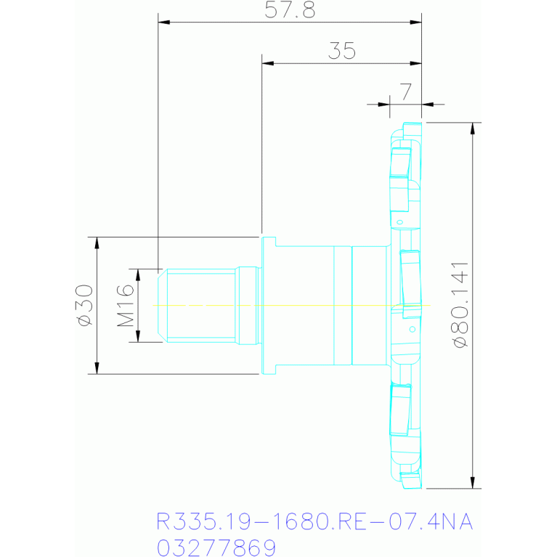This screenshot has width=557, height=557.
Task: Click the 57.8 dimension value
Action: pyautogui.click(x=290, y=10)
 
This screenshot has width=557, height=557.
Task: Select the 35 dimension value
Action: pyautogui.click(x=342, y=51)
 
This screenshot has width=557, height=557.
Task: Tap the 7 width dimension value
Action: pyautogui.click(x=406, y=92)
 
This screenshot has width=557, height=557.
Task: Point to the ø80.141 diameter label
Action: pyautogui.click(x=460, y=305)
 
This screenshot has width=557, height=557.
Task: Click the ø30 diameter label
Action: pyautogui.click(x=85, y=305)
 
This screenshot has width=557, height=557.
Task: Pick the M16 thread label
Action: pyautogui.click(x=126, y=306)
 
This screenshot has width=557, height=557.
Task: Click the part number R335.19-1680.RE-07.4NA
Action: pyautogui.click(x=314, y=521)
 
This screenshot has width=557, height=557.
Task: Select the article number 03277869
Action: pyautogui.click(x=216, y=548)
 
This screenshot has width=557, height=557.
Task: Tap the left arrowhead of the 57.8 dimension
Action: pyautogui.click(x=164, y=22)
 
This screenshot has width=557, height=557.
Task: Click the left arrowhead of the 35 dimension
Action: pyautogui.click(x=268, y=63)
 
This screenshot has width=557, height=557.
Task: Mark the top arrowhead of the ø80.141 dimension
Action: pyautogui.click(x=473, y=129)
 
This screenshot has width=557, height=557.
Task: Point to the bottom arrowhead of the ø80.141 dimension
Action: pyautogui.click(x=473, y=483)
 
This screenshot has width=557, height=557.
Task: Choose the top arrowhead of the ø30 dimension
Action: pyautogui.click(x=97, y=243)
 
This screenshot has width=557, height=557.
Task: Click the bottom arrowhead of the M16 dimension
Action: pyautogui.click(x=138, y=336)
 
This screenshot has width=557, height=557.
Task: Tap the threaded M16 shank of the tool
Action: pyautogui.click(x=200, y=306)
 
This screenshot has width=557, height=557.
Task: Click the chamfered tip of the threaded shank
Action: pyautogui.click(x=163, y=306)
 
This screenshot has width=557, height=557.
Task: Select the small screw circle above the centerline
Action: pyautogui.click(x=399, y=222)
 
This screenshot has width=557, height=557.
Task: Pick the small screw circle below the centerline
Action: pyautogui.click(x=412, y=329)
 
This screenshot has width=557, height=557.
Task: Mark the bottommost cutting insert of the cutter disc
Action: pyautogui.click(x=411, y=481)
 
